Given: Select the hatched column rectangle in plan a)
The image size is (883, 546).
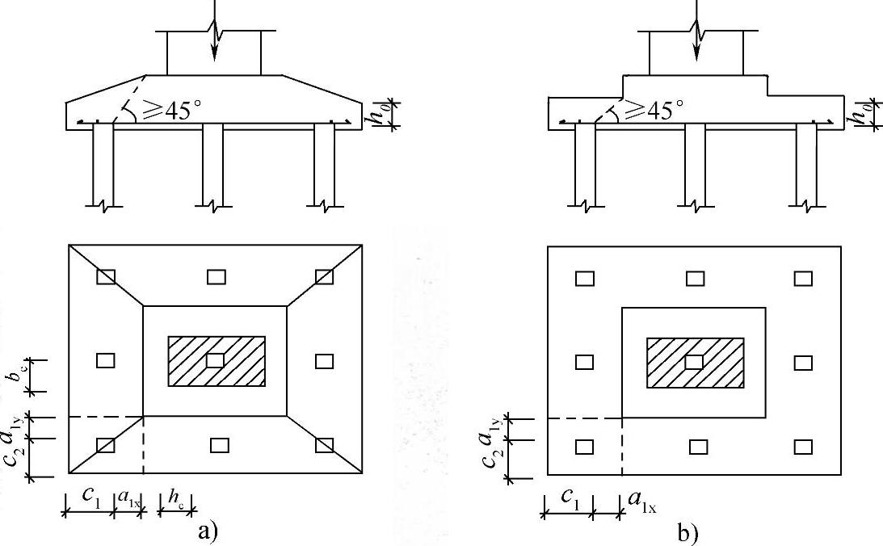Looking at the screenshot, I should tap(217, 360).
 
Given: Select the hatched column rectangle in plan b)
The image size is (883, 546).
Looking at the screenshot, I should tap(696, 362).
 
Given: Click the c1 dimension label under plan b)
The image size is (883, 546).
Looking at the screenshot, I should tap(570, 501).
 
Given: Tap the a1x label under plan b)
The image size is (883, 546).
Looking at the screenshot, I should tap(641, 503).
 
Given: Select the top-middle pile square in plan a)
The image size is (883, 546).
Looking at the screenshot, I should tap(216, 277).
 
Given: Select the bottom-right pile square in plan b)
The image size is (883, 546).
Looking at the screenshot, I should tap(803, 446).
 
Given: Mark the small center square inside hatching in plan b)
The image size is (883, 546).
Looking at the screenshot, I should tap(694, 362).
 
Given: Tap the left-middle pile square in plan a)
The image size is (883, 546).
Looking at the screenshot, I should tap(106, 361).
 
